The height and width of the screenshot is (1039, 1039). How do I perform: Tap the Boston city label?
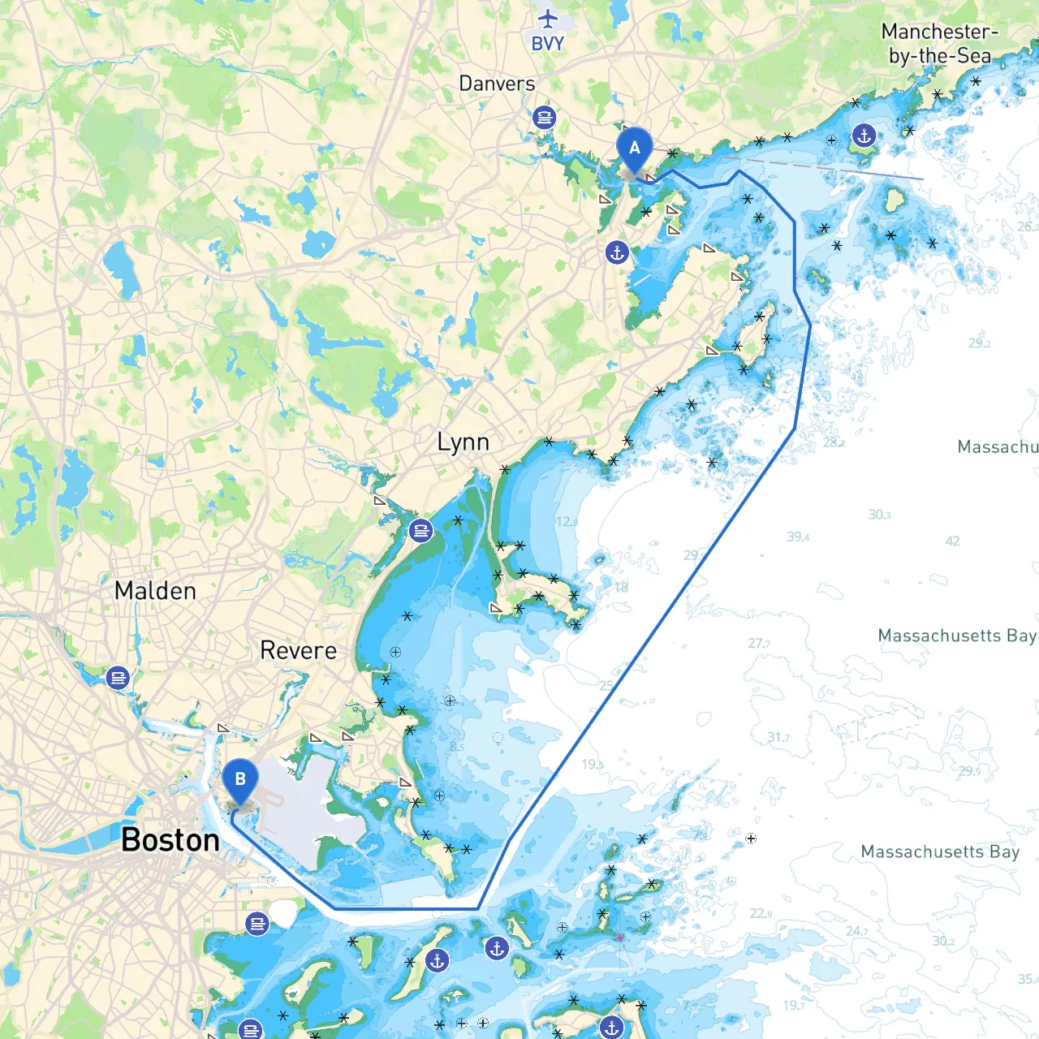pos(170,840)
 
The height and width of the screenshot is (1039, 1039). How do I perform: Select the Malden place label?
pos(155,591)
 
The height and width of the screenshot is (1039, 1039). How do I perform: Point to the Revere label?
pos(298,650)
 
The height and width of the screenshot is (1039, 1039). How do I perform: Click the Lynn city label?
pos(463,442)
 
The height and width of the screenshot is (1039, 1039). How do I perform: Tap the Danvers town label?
pos(497,84)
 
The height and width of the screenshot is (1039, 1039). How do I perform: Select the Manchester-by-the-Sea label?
pos(940,44)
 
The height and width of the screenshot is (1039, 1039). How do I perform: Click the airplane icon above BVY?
pos(548,18)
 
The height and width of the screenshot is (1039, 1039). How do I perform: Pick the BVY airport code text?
pos(547,44)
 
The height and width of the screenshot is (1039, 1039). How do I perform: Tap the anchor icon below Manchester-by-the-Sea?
pos(864,136)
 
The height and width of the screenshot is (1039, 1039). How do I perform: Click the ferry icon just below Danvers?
pos(544,118)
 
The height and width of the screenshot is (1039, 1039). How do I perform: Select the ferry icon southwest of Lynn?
pos(420,531)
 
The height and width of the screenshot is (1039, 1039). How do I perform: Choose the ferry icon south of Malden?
pos(118,677)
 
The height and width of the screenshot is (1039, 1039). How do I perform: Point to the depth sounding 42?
pos(952,541)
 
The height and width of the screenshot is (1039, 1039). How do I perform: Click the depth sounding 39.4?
pos(798,537)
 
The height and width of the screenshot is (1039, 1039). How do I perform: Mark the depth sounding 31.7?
pos(778,737)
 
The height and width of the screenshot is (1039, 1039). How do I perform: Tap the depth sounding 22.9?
pos(761,913)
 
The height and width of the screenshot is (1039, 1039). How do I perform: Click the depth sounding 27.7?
pos(759,643)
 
